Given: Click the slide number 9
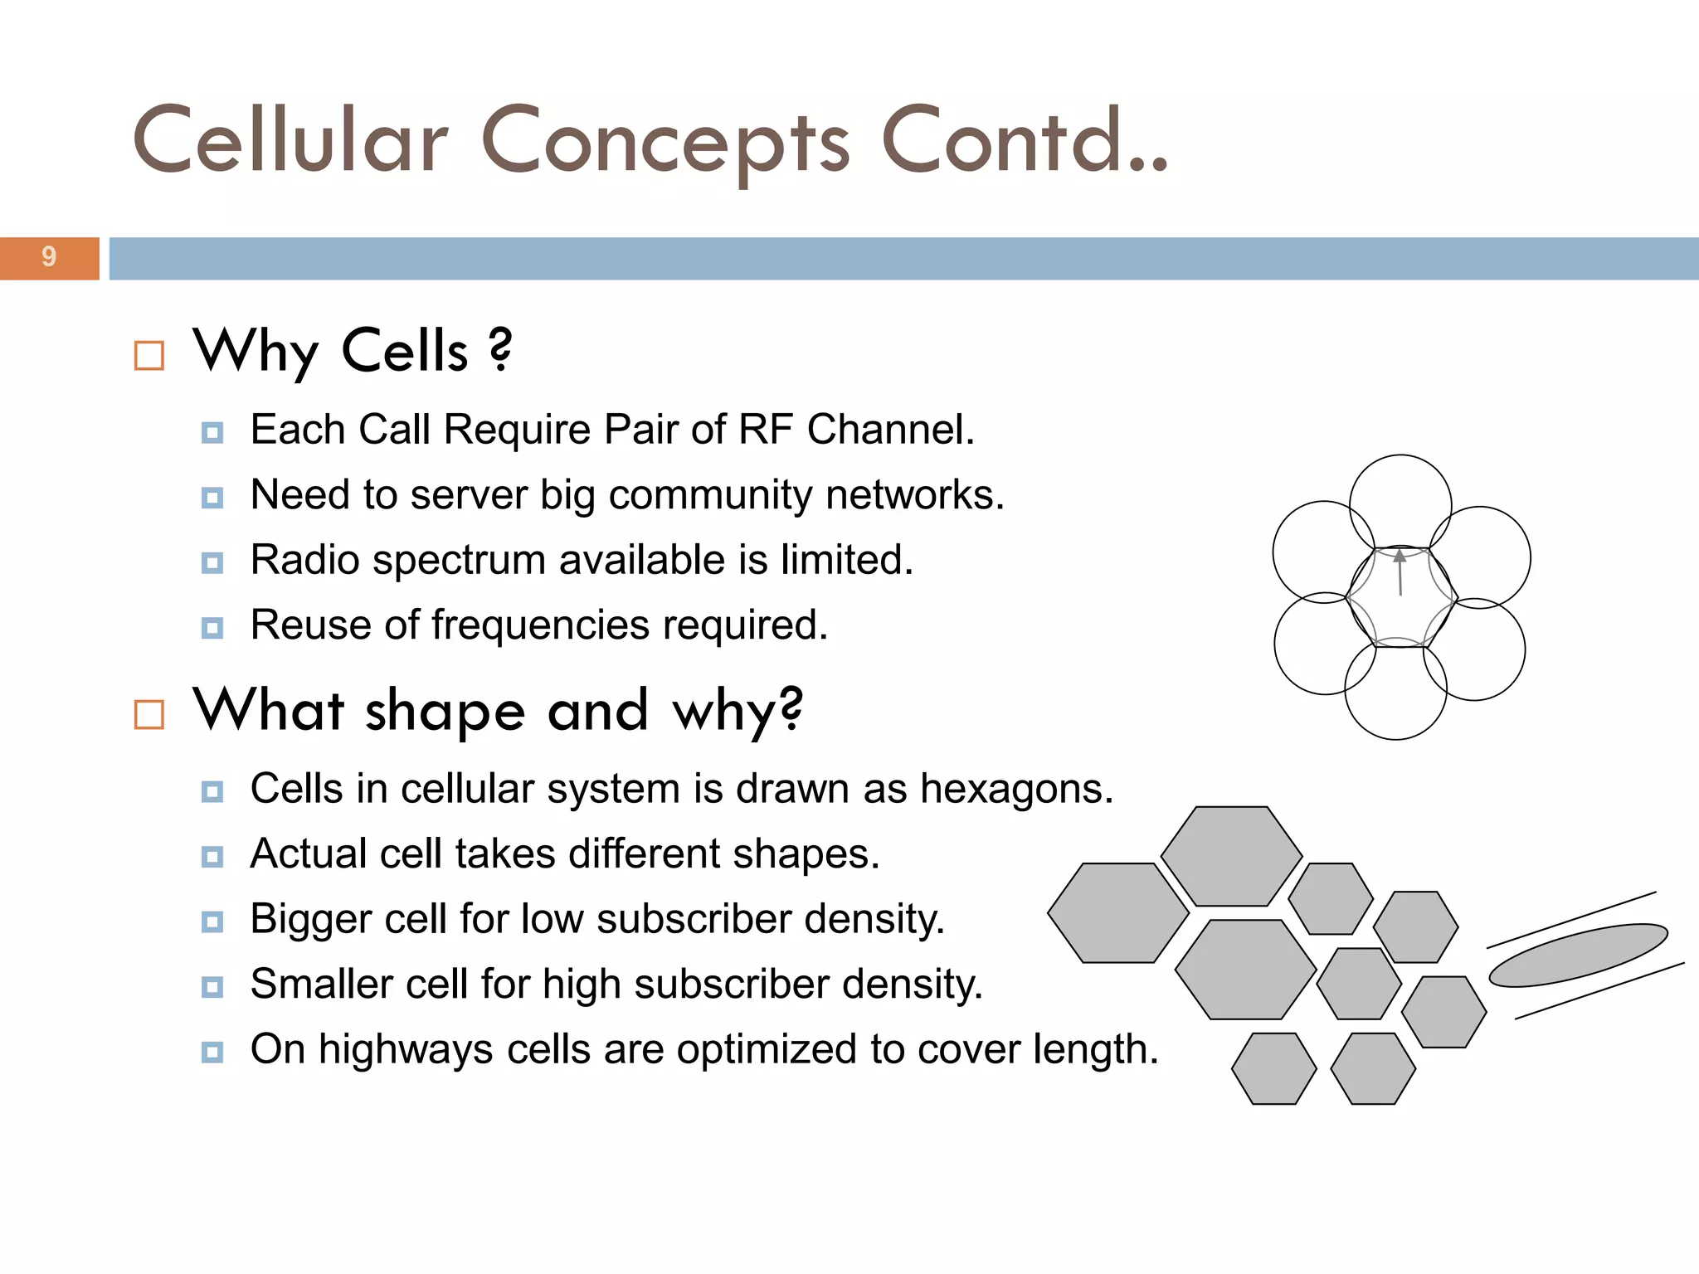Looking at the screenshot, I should pos(49,257).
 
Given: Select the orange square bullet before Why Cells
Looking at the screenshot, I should pos(149,356).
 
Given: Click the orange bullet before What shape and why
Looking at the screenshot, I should pos(149,714).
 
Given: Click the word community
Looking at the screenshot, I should pos(717,496).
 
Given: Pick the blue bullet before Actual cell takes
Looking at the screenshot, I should pos(212,857).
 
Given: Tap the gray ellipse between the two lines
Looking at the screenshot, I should pos(1578,955).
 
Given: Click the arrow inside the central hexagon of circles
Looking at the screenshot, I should pos(1400,572).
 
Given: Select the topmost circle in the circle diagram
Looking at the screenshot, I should pos(1400,485).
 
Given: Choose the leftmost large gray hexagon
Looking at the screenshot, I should pos(1118,912).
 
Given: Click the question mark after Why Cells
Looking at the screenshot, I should pos(500,349).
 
